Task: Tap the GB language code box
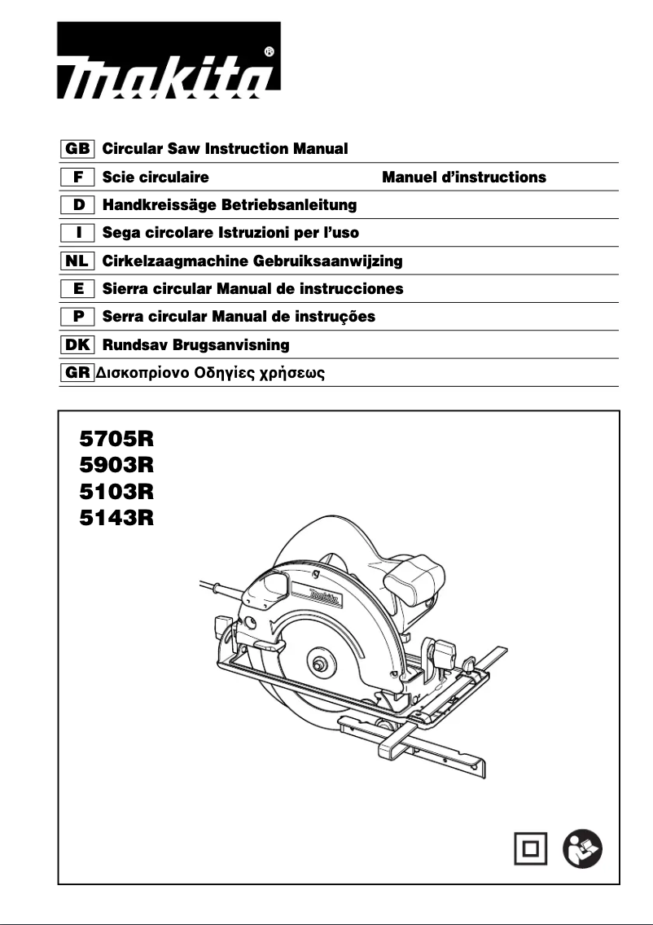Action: (78, 149)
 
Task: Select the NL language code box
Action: (78, 261)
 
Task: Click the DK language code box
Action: (78, 344)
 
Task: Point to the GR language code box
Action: (78, 373)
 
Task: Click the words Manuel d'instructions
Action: (464, 177)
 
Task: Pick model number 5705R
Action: (116, 441)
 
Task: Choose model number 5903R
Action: (116, 467)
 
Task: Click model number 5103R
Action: (116, 492)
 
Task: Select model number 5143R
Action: (116, 518)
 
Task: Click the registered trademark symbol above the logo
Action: (270, 50)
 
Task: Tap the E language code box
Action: (78, 289)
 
